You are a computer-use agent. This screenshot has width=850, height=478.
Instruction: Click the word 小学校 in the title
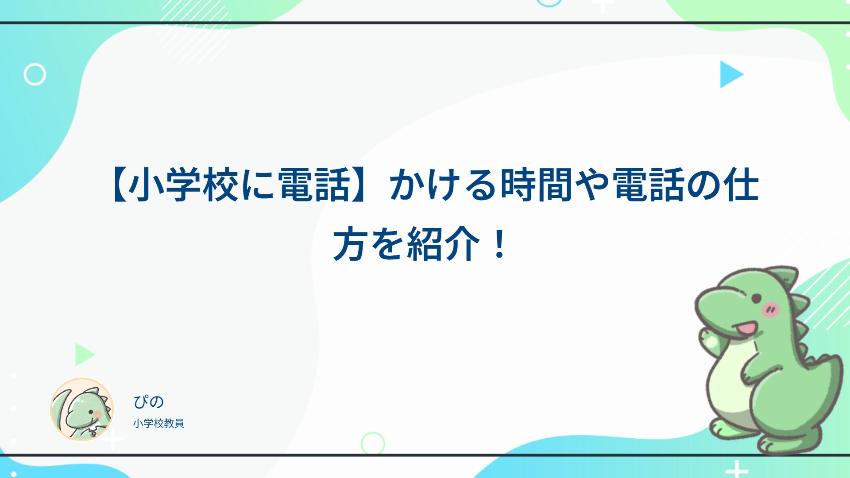click(x=185, y=185)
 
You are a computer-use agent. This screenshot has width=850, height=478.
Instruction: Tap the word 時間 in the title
click(x=537, y=185)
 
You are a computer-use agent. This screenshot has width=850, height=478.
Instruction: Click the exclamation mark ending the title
click(x=499, y=243)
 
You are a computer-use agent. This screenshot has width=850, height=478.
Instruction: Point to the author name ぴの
click(x=149, y=401)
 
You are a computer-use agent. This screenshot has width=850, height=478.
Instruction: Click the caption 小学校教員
click(x=158, y=423)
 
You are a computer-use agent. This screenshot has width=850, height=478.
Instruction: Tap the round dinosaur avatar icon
click(x=82, y=409)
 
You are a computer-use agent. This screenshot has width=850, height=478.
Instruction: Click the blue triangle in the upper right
click(x=731, y=74)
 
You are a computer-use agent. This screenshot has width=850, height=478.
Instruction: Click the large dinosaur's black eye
click(x=757, y=297)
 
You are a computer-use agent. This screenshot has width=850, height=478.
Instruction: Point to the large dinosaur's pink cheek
click(x=771, y=309)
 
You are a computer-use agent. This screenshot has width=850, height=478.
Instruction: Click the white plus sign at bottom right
click(x=737, y=469)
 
